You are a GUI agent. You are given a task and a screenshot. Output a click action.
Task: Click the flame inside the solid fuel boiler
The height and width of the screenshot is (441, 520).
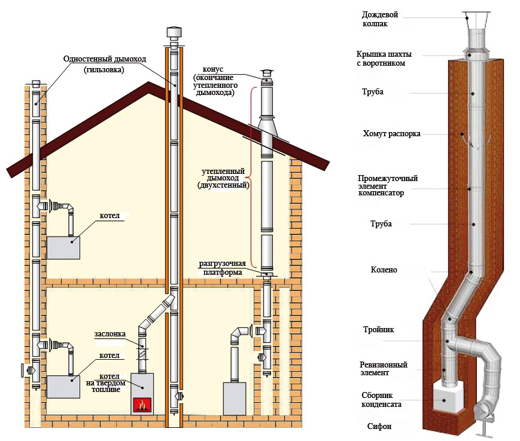[x=142, y=405]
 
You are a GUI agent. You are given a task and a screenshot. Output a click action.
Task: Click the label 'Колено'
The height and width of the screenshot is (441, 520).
[x=384, y=270]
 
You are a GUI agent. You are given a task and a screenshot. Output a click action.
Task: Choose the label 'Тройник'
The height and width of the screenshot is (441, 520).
[x=378, y=329]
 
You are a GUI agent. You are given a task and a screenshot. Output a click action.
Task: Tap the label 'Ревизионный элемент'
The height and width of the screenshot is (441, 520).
[x=384, y=368]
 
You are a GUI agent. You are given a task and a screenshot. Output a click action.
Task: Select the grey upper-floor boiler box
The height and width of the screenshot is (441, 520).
[x=64, y=247]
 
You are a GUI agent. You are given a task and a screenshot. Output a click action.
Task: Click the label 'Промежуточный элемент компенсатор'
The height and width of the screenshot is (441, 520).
[x=387, y=185]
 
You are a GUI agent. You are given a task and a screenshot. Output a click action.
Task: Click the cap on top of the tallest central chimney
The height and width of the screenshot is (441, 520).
[x=173, y=32]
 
